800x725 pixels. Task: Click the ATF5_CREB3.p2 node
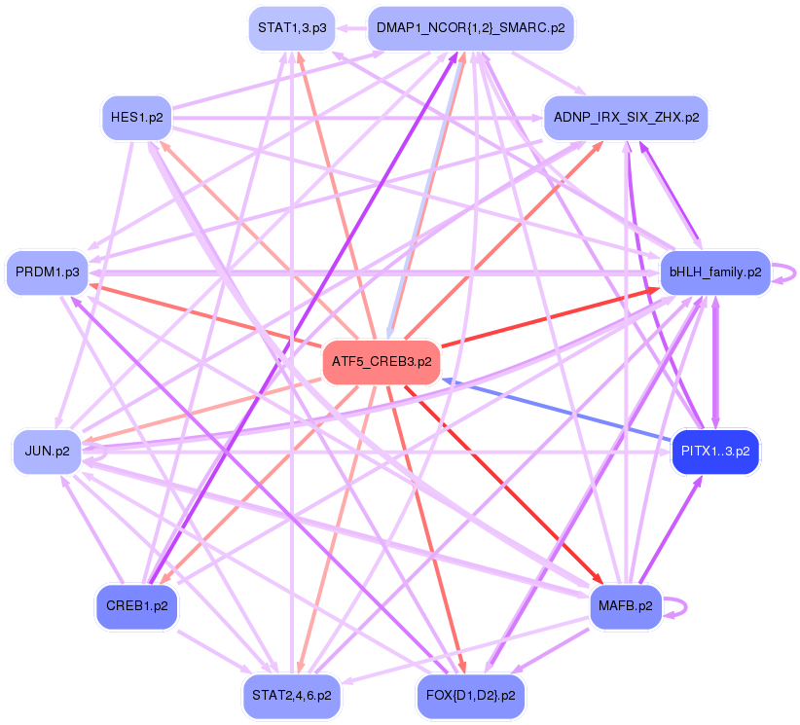(x=381, y=361)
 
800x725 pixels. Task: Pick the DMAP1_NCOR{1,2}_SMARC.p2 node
(x=471, y=27)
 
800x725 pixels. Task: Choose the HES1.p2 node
(x=136, y=118)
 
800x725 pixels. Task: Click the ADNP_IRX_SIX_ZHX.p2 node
(x=625, y=118)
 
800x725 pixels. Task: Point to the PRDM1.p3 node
(x=48, y=271)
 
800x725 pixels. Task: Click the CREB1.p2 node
(x=136, y=605)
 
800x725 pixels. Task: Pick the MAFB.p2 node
(x=626, y=605)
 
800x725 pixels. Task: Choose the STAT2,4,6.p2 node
(x=291, y=696)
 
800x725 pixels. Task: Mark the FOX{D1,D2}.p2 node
(x=470, y=696)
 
